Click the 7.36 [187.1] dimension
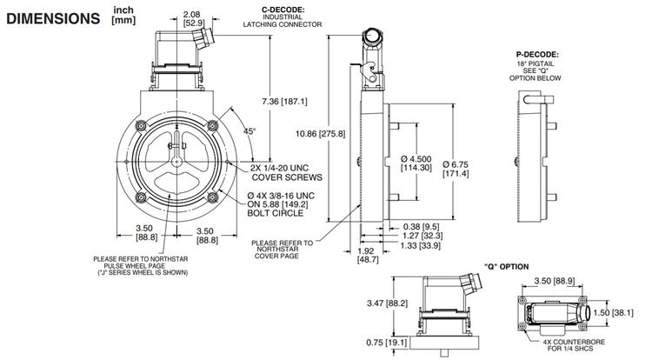point(284,102)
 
